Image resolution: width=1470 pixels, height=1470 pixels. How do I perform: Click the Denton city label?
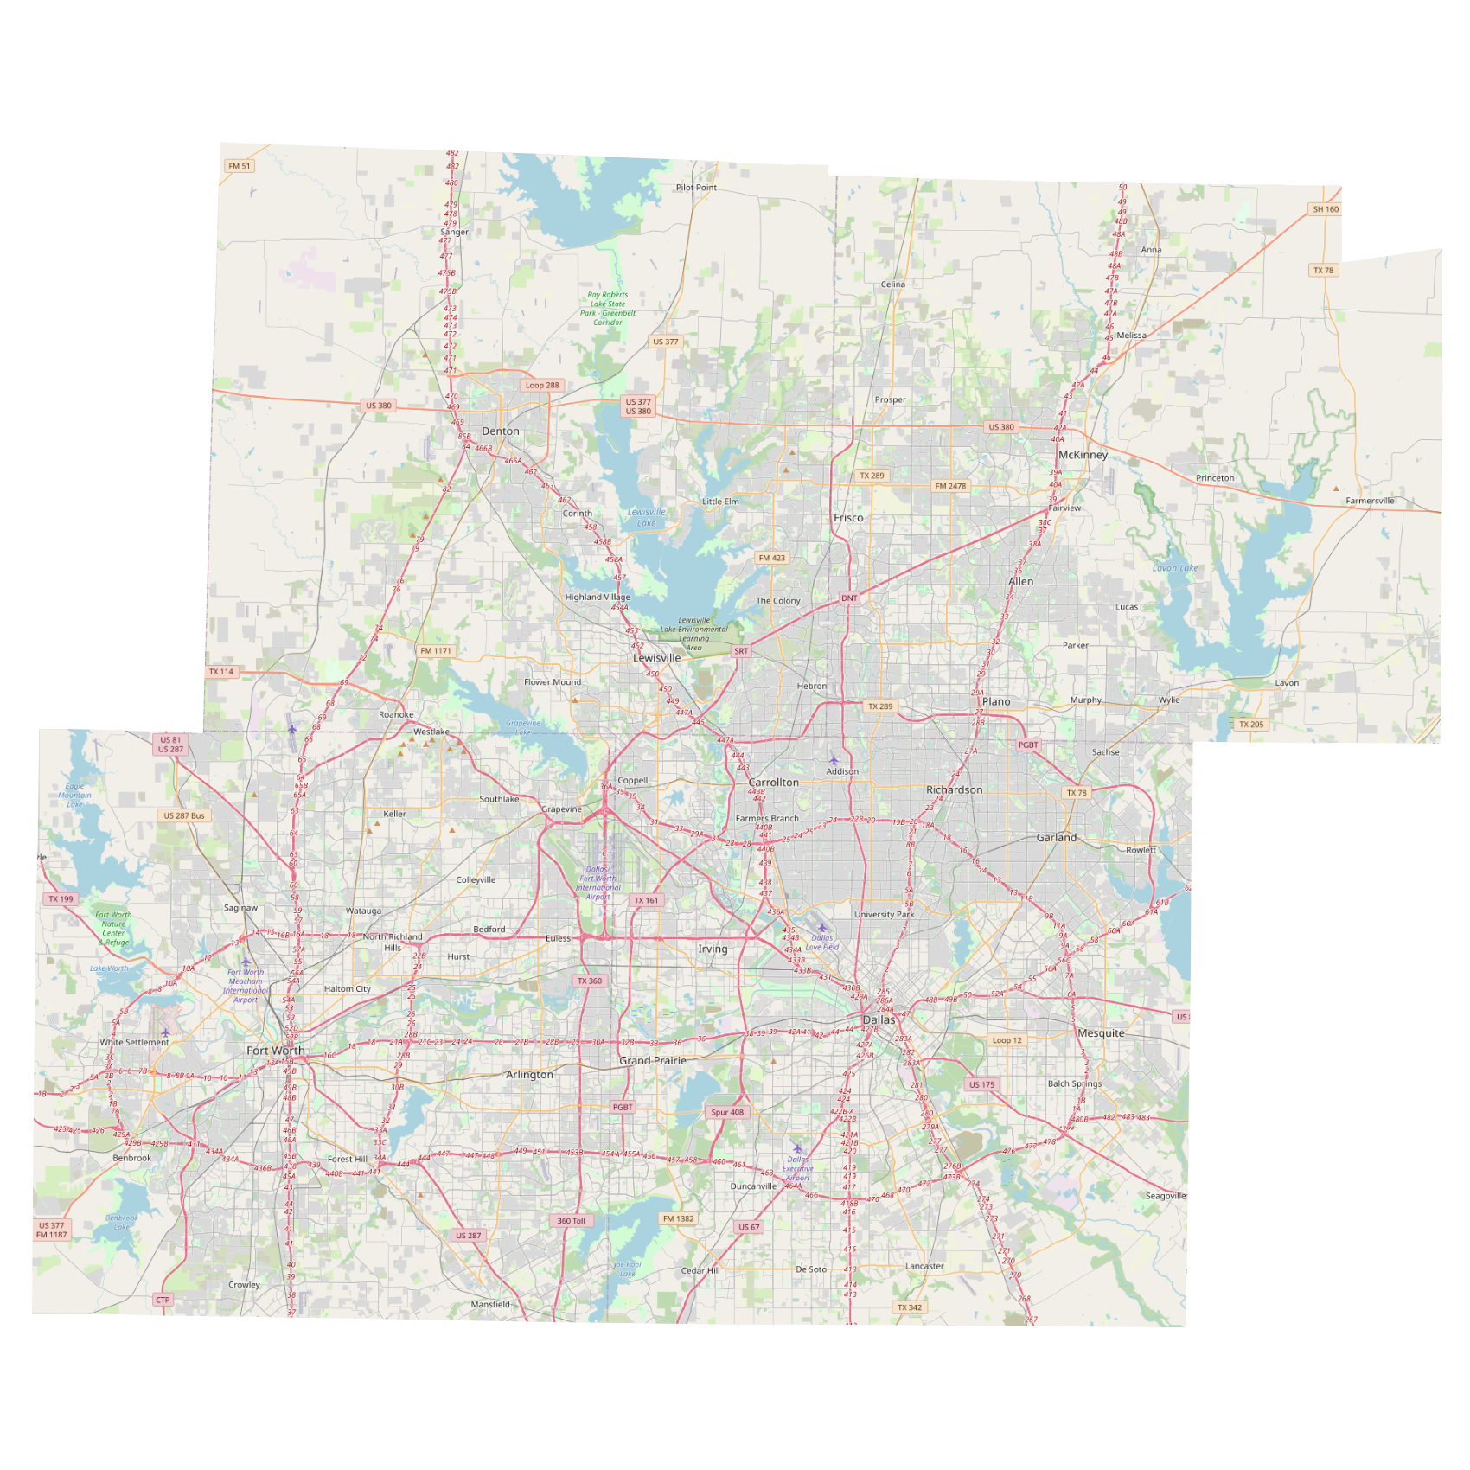click(x=501, y=431)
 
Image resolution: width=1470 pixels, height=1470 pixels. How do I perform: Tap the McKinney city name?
click(x=1083, y=455)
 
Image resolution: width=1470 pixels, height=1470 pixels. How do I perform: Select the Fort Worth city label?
click(x=275, y=1051)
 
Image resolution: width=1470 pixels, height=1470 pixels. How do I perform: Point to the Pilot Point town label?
click(x=696, y=188)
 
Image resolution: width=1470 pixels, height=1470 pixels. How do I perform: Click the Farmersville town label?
click(x=1370, y=501)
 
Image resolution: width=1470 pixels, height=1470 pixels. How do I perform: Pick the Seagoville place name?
click(x=1166, y=1196)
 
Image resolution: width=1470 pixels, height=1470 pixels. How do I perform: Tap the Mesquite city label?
click(x=1101, y=1033)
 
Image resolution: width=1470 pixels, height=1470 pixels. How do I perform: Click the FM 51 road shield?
click(x=240, y=166)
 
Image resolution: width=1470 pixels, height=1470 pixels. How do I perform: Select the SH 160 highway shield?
click(x=1326, y=209)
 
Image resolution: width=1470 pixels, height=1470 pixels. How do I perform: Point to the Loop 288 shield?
click(x=542, y=386)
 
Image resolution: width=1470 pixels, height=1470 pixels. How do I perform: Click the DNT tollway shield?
click(x=849, y=598)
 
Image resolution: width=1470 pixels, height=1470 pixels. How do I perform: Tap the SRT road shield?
click(x=741, y=651)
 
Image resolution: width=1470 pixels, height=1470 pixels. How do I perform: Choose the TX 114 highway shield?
click(x=221, y=672)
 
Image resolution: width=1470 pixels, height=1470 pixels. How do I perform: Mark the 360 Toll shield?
click(x=571, y=1221)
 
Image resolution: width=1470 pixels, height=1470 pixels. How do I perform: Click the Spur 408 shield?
click(x=727, y=1113)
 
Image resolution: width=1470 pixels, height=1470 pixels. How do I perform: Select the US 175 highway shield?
click(x=982, y=1085)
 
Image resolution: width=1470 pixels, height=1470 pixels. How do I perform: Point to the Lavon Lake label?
click(x=1175, y=568)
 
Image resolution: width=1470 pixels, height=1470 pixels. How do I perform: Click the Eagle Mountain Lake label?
click(x=75, y=796)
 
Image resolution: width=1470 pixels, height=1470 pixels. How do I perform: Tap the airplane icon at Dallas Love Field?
click(x=821, y=928)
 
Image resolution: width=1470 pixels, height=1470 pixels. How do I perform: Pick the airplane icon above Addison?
click(x=834, y=760)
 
